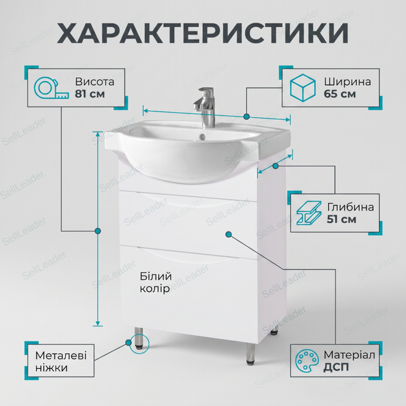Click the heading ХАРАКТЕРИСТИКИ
coord(203,33)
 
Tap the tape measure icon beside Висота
coord(51,88)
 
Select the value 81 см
coord(90,93)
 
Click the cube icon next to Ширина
coord(303,88)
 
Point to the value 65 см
coord(340,93)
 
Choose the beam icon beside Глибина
coord(309,213)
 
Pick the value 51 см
coord(342,219)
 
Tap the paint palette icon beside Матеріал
coord(307,360)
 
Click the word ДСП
coord(336,367)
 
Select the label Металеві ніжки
coord(61,362)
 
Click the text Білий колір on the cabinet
coord(155,282)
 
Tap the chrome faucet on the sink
coord(205,108)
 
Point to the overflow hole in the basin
coord(202,137)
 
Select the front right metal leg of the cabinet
coord(251,354)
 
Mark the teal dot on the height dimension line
coord(97,231)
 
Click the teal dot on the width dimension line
coord(246,117)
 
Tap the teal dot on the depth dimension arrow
coord(276,166)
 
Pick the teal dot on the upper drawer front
coord(228,235)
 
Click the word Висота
coord(95,82)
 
